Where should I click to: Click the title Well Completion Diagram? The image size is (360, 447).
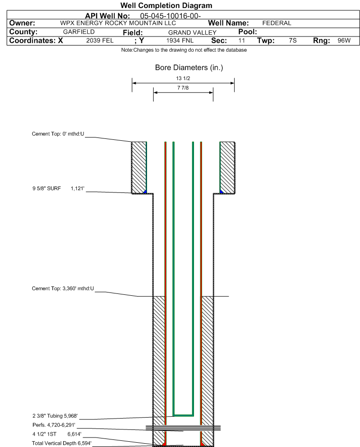tap(166, 6)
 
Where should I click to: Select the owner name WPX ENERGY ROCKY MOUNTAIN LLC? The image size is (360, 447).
tap(118, 23)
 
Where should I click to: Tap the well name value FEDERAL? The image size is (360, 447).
tap(277, 23)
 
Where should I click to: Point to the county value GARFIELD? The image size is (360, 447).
tap(79, 32)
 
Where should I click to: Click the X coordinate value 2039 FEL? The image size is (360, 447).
tap(100, 41)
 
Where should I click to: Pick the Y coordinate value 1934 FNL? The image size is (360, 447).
tap(180, 41)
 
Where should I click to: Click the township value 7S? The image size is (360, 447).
tap(293, 41)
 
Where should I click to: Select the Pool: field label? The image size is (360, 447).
tap(247, 32)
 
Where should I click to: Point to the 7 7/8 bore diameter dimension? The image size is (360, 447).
tap(183, 88)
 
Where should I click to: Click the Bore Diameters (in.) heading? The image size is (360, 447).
tap(189, 68)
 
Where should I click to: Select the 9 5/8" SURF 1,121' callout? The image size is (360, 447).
tap(58, 189)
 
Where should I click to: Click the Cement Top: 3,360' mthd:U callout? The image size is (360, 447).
tap(63, 288)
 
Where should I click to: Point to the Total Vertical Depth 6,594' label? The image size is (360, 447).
tap(62, 443)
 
